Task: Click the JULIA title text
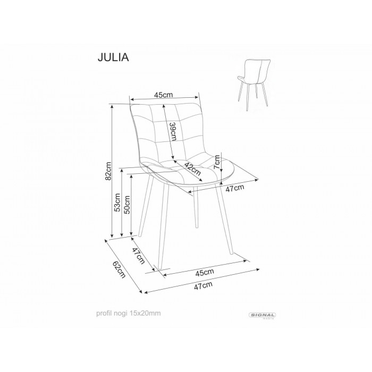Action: point(113,57)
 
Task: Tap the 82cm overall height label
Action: point(108,171)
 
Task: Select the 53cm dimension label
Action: point(117,202)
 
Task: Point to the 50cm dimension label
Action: point(128,205)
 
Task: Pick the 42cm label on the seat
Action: point(192,168)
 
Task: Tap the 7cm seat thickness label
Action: point(217,162)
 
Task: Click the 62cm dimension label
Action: point(119,269)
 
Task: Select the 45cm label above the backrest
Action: point(164,95)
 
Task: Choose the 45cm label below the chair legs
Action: point(205,272)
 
